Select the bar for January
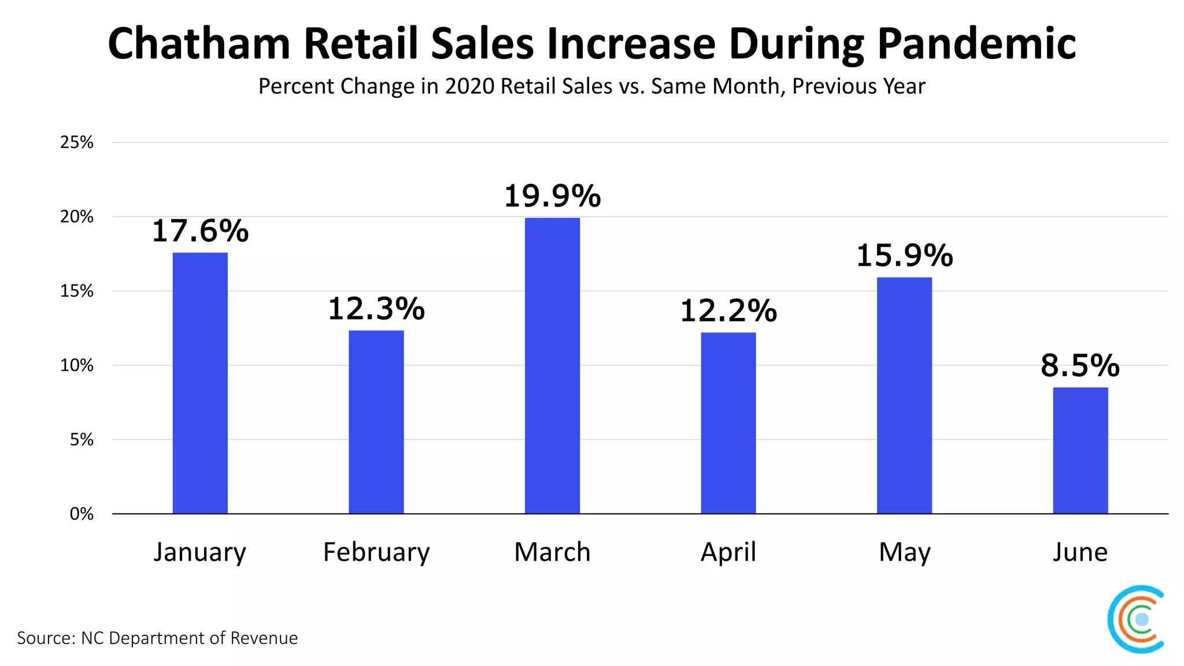coord(200,383)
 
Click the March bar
coord(552,365)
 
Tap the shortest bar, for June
coord(1080,450)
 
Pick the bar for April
coord(728,423)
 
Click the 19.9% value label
coord(552,196)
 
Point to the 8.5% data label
coord(1080,365)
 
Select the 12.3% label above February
coord(376,309)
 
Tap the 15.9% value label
coord(904,256)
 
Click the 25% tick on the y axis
coord(77,142)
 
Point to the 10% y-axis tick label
coord(77,365)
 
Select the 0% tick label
coord(82,514)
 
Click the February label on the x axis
coord(376,552)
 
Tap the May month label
coord(904,552)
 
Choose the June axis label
coord(1080,552)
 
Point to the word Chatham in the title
coord(198,44)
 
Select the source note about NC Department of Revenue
coord(157,638)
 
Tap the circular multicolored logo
coord(1137,619)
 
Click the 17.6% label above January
coord(200,231)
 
